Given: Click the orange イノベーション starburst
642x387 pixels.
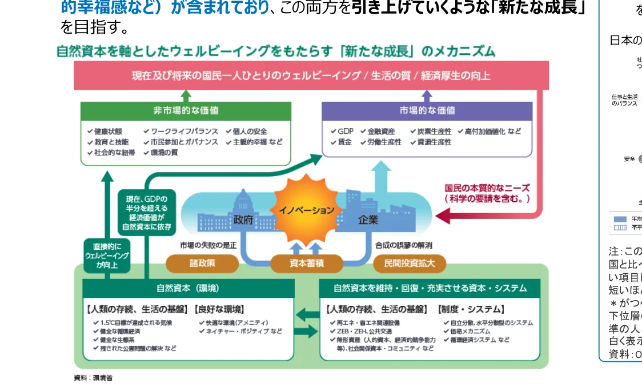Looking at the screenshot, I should (306, 209).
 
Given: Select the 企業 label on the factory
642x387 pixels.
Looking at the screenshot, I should (368, 220).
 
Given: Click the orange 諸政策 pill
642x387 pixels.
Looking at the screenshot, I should (202, 264).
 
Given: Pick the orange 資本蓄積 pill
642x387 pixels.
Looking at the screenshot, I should (306, 264).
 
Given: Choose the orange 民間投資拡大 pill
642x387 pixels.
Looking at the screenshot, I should (409, 264).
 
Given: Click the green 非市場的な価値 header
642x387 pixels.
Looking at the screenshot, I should (186, 111).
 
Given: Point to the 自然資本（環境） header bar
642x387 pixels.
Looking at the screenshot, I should (188, 288).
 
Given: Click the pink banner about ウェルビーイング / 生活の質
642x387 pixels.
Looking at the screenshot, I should (311, 75).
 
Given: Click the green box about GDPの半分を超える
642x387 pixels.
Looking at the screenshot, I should (147, 213).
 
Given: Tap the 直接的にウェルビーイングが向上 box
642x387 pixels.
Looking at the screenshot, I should (107, 256).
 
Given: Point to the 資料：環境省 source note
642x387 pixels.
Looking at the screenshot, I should (93, 378).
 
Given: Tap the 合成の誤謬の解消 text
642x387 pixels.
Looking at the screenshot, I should (403, 245).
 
